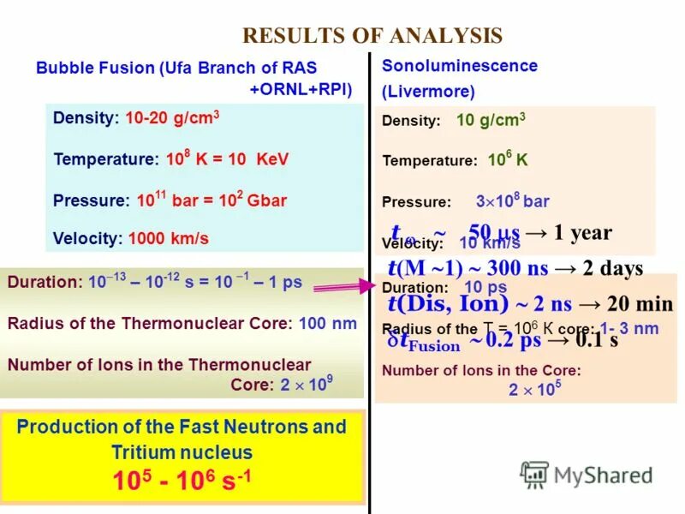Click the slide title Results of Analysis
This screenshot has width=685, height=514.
[x=372, y=35]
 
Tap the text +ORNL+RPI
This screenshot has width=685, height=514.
[x=300, y=89]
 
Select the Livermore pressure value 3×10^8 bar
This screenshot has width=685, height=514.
[x=512, y=202]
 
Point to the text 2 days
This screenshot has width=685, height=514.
[x=612, y=268]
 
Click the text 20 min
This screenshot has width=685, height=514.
[x=640, y=304]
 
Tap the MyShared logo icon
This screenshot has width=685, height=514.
[x=535, y=474]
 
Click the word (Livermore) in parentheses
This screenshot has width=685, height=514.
[x=428, y=91]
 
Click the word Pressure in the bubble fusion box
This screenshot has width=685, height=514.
[x=89, y=200]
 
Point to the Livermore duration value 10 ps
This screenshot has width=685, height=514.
[x=485, y=288]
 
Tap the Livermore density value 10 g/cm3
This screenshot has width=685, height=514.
[x=491, y=120]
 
